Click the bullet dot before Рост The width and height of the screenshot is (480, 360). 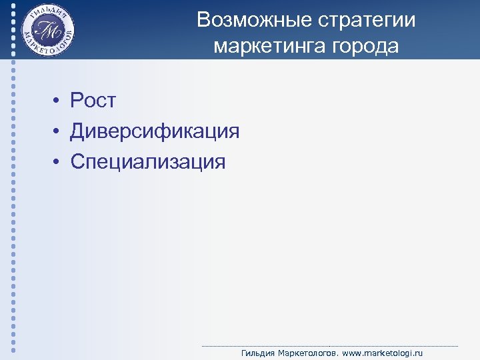coord(58,101)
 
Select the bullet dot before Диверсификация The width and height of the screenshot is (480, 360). coord(58,132)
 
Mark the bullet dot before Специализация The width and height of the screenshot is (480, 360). coord(58,162)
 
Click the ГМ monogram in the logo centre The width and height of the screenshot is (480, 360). coord(47,30)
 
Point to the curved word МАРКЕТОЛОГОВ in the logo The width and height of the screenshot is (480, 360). coord(48,51)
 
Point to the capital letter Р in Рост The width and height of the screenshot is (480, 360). coord(77,101)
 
